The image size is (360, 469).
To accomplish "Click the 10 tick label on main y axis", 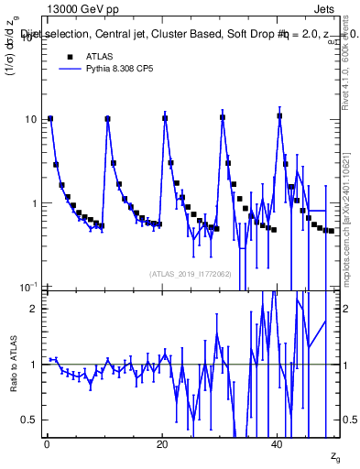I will (29, 120).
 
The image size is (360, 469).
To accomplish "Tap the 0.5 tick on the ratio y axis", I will (28, 420).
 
